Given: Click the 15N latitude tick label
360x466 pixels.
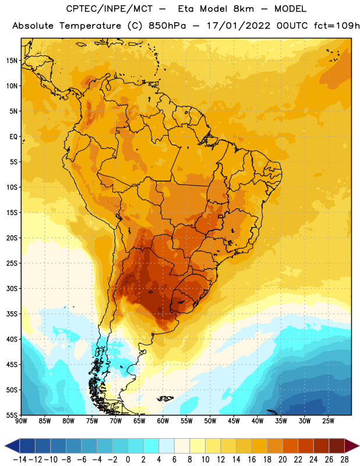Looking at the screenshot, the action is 12,61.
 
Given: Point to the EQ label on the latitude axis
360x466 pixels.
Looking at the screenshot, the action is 13,137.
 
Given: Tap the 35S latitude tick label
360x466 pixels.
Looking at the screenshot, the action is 12,314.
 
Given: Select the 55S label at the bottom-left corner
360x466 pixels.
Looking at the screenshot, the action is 12,415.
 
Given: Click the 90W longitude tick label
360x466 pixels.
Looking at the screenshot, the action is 21,421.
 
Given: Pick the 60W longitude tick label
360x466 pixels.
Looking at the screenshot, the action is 163,421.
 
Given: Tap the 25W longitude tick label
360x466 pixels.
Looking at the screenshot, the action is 328,421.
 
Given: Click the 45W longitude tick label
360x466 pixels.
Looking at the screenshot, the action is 234,421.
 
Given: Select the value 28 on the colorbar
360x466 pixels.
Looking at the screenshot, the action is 344,460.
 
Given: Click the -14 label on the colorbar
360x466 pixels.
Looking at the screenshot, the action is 20,460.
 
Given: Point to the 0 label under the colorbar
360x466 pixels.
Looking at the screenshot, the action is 128,460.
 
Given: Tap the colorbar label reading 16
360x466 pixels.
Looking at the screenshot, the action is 252,460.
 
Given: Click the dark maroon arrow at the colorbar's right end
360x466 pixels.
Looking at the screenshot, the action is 351,446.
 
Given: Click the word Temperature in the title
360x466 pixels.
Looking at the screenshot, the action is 90,26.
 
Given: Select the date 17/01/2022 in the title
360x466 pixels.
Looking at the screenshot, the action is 239,26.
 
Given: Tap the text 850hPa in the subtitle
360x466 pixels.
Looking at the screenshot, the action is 167,26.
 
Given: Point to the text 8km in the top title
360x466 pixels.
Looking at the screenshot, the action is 243,9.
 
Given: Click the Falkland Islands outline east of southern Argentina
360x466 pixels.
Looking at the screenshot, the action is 165,398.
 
